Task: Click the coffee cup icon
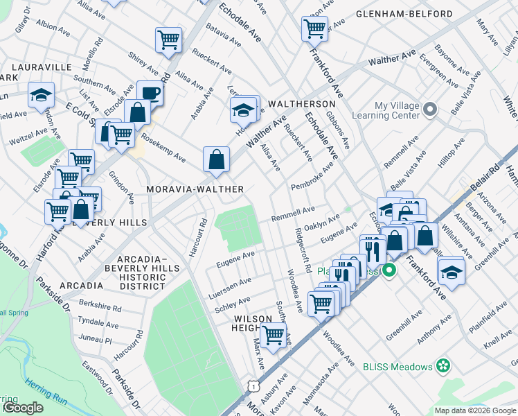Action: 150,93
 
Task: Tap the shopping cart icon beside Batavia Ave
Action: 168,40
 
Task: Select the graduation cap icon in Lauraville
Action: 41,95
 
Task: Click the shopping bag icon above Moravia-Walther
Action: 217,159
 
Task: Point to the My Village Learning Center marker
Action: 430,110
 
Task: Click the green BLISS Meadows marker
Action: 443,366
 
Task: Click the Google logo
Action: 22,408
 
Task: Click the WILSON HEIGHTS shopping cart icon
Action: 274,336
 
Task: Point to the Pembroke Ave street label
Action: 313,176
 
